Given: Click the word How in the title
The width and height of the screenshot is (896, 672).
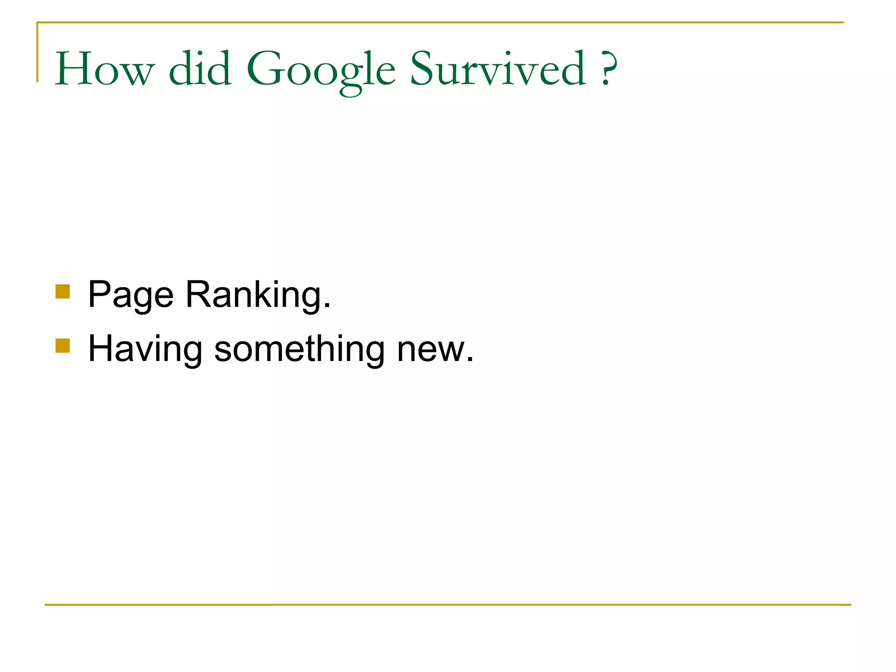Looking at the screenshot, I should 105,69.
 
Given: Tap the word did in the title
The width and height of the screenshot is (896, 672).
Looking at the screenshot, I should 200,69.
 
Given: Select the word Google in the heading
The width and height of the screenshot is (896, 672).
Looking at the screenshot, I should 321,70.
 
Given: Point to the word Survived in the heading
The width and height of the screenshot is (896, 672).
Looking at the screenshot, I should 497,69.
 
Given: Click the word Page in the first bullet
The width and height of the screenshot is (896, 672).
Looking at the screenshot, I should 130,295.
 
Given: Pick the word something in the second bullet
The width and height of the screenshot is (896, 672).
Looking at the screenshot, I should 300,349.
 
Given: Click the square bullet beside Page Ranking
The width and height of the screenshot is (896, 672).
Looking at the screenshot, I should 63,291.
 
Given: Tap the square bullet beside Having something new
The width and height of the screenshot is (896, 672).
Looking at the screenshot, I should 63,346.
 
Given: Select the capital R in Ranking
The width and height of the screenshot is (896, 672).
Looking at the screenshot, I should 197,294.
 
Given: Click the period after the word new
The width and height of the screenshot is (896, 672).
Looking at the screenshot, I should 470,360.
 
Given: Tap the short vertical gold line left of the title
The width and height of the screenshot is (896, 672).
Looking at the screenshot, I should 37,52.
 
